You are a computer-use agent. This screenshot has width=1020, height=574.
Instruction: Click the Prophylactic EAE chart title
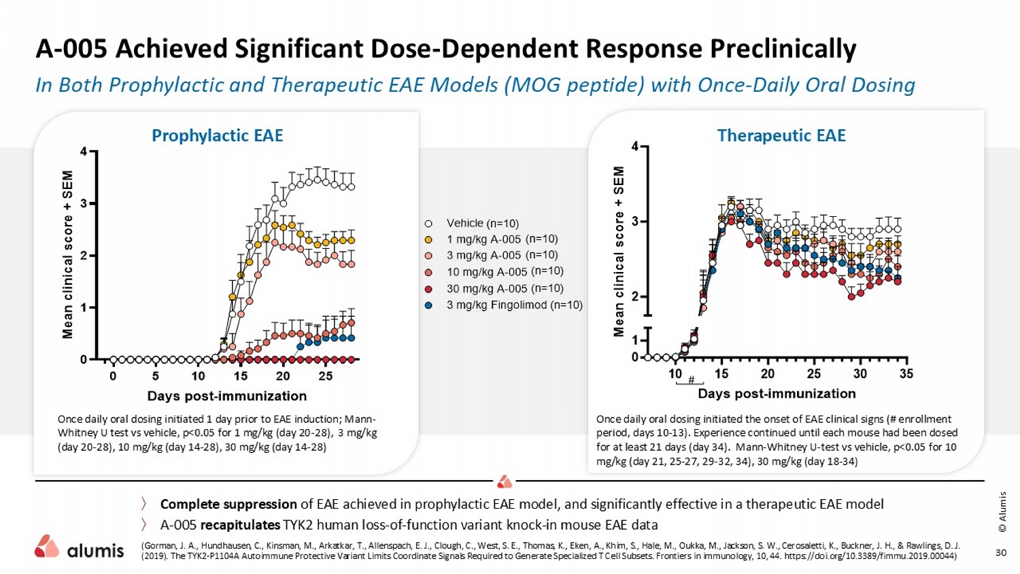[217, 135]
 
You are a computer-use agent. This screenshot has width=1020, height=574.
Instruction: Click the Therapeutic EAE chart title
[781, 135]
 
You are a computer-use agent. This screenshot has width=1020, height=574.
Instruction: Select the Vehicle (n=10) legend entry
[482, 223]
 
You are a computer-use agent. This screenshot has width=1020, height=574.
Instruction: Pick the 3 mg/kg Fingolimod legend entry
[514, 305]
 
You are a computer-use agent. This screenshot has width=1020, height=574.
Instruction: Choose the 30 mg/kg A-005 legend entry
[505, 288]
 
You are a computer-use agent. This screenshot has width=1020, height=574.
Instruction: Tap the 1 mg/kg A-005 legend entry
[502, 239]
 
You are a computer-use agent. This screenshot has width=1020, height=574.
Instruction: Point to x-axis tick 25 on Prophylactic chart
[326, 376]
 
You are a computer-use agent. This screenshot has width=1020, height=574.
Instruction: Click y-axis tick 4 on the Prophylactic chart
[84, 152]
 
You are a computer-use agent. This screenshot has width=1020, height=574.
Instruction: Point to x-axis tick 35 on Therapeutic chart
[906, 374]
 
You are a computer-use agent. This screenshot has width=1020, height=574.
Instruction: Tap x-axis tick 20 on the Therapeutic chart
[768, 374]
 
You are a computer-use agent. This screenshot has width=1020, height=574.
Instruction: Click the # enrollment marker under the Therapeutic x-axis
[691, 380]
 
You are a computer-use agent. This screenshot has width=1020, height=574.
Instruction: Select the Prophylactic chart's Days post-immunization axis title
[227, 396]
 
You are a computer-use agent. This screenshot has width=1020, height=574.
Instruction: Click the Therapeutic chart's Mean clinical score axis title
[619, 252]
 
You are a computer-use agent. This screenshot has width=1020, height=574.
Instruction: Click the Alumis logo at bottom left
[80, 548]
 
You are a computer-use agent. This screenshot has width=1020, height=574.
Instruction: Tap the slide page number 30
[1001, 552]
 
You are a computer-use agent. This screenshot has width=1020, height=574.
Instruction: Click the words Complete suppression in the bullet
[228, 504]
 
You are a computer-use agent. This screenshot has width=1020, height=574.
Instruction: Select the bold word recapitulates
[240, 525]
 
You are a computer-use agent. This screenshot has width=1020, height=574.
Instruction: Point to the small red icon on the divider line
[505, 482]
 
